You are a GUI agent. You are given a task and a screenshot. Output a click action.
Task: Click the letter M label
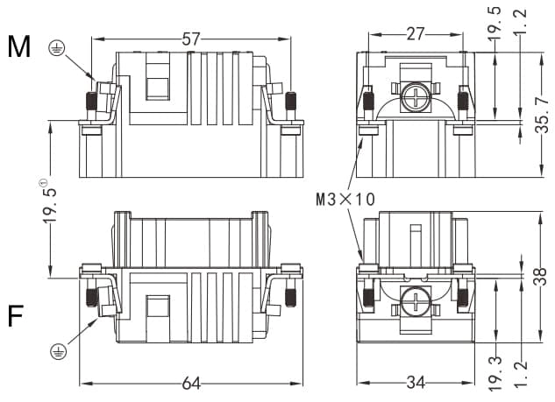[19, 46]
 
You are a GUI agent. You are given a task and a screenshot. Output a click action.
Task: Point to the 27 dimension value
[416, 34]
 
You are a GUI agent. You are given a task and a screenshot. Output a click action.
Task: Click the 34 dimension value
[416, 383]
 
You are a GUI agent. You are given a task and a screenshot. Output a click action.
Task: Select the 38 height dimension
[541, 276]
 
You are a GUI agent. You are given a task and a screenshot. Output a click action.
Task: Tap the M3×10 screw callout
[345, 199]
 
